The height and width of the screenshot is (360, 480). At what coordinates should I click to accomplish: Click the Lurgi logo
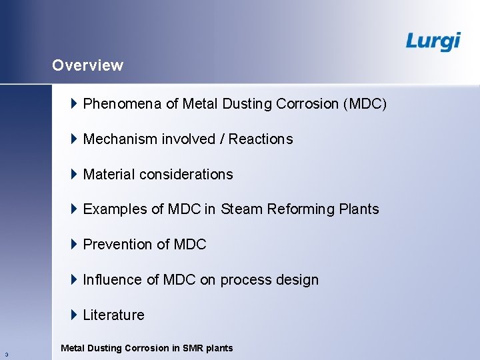coord(433,41)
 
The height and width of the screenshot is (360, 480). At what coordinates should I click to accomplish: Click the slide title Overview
coord(87,65)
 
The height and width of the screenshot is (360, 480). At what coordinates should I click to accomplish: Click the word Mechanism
coord(117,139)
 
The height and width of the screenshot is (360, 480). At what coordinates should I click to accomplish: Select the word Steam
coord(241,209)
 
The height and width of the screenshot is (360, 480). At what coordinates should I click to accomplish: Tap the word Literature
coord(113,315)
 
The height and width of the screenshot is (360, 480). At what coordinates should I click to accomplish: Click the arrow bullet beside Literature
coord(74,315)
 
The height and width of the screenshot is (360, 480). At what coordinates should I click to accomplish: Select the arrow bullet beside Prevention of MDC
coord(74,244)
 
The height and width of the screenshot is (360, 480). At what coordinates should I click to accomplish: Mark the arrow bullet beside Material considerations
coord(74,174)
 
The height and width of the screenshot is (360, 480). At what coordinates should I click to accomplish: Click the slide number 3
coord(6,354)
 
